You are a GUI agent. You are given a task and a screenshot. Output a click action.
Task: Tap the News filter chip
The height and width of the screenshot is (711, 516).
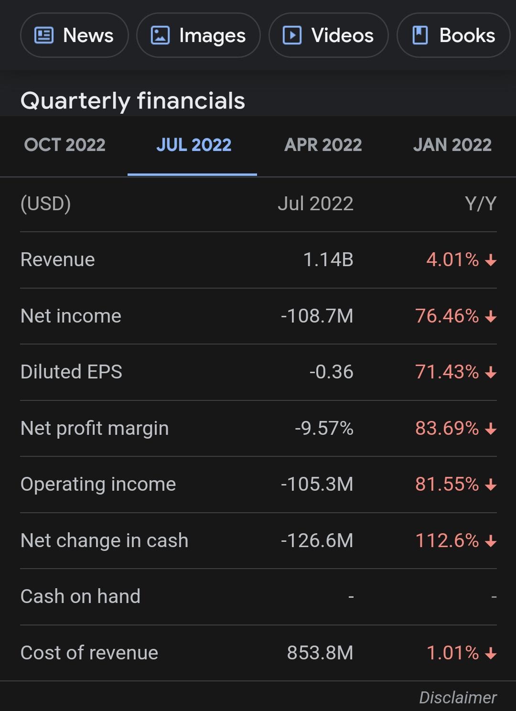tap(75, 35)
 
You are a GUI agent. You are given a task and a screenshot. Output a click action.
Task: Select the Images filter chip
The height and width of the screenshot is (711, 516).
tap(198, 35)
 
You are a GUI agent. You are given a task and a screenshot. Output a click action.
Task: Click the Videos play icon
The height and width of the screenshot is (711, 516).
tap(292, 35)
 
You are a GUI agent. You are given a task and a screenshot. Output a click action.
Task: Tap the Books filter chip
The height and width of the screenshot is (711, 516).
tap(453, 35)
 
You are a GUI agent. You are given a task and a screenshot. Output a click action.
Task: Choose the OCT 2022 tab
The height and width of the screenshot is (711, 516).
tap(64, 145)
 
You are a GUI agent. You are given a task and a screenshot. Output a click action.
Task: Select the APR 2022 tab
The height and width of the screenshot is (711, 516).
tap(323, 145)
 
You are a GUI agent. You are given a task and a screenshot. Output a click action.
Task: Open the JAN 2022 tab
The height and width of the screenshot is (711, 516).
tap(452, 145)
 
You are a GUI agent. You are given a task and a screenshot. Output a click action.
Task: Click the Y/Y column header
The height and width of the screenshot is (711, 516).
tap(480, 204)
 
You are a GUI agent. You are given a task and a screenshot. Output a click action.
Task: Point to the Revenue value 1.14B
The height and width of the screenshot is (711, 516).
tap(328, 259)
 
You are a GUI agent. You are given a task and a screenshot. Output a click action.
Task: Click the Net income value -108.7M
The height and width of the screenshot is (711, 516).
tap(317, 316)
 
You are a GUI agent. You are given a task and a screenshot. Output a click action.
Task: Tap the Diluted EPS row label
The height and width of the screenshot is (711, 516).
tap(71, 372)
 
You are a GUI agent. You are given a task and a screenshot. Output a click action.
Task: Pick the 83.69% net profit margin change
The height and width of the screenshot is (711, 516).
tap(447, 428)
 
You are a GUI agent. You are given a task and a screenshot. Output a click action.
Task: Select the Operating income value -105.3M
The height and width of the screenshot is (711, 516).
tap(317, 484)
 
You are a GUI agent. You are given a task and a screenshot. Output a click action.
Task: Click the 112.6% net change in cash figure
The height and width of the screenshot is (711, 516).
tap(447, 540)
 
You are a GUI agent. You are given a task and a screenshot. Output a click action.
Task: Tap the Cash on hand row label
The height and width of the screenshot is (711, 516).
tap(80, 596)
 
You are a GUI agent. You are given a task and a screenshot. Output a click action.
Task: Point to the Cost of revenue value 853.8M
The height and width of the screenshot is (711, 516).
tap(320, 653)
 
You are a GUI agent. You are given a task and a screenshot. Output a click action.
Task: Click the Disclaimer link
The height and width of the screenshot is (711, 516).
tap(458, 698)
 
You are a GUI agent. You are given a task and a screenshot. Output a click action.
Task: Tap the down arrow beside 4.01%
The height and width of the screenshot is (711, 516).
tap(491, 260)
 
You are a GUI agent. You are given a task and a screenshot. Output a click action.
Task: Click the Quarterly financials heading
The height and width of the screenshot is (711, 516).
tap(133, 101)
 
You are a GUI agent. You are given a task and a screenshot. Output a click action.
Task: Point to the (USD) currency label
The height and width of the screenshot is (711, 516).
tap(45, 204)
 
